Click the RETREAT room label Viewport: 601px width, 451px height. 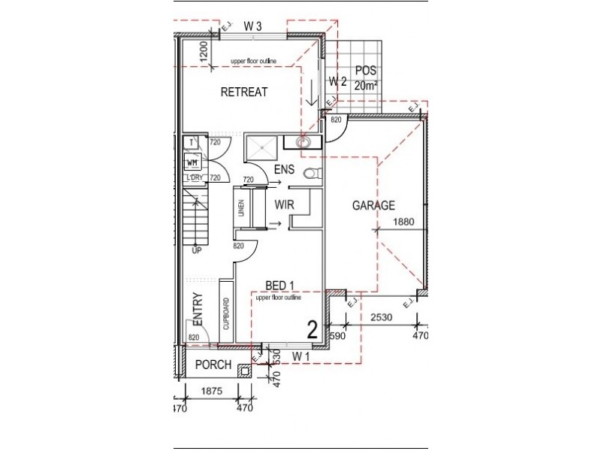tap(244, 92)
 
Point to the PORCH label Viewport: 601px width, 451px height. tap(213, 365)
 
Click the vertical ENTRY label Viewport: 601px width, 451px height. tap(198, 308)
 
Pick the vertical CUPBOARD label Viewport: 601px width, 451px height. tap(225, 314)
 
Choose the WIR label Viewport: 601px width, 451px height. tap(284, 204)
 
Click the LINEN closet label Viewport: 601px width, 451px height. tap(242, 208)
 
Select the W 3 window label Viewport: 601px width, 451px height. tap(252, 26)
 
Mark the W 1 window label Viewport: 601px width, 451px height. tap(301, 355)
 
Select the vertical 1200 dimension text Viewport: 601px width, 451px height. tap(204, 50)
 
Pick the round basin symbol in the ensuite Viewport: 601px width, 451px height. tap(305, 141)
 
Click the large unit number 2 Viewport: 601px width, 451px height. tap(311, 328)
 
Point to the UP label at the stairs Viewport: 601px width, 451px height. tap(196, 250)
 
